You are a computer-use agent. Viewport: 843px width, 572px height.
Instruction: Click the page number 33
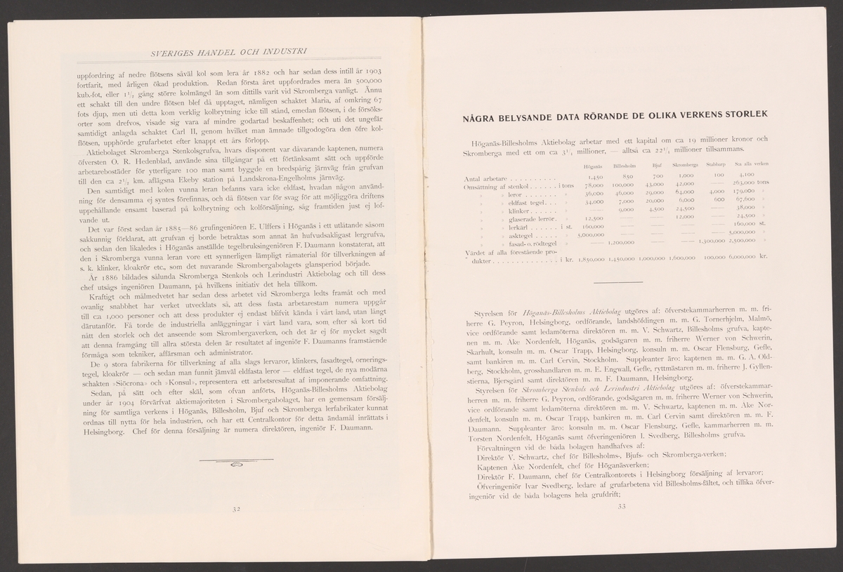[x=622, y=507]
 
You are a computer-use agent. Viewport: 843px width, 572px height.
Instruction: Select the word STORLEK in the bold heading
[x=743, y=114]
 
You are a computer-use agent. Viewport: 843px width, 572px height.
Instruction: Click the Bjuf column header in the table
[x=658, y=166]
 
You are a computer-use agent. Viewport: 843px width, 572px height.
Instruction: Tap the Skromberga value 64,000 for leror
[x=684, y=193]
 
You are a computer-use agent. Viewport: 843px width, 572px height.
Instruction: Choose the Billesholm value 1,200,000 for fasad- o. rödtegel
[x=620, y=243]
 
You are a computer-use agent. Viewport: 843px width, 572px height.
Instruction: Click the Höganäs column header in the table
[x=593, y=166]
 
